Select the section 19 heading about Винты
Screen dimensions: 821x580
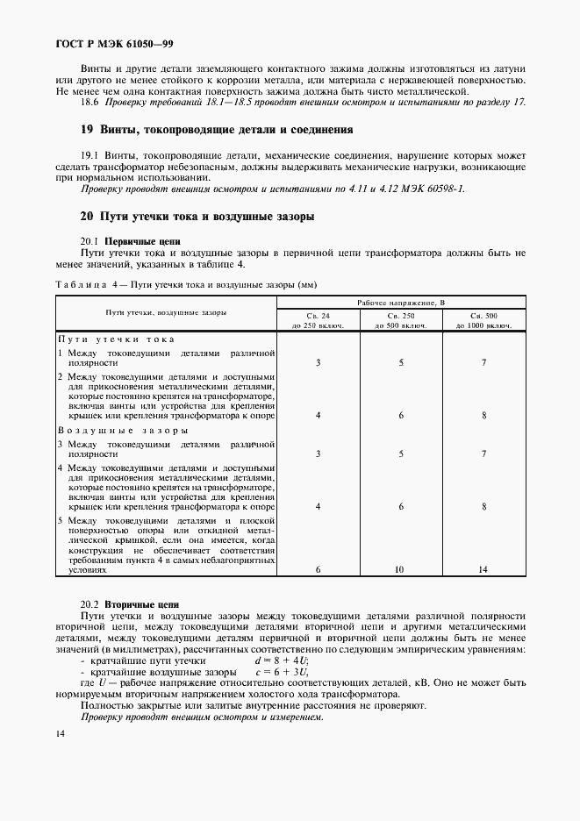click(217, 130)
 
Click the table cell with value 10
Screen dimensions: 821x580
click(400, 570)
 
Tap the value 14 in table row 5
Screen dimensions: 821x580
click(483, 570)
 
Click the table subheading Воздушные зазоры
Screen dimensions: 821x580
click(122, 431)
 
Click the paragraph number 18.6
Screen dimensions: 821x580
click(90, 103)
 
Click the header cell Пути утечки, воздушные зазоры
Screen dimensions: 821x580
click(166, 312)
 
